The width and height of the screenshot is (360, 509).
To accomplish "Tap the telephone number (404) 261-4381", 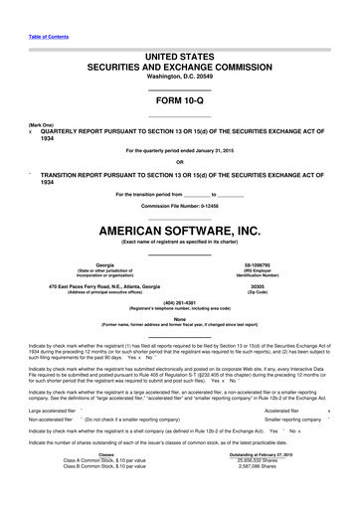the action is tap(179, 303).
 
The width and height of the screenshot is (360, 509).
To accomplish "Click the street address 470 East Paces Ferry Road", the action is tap(96, 287).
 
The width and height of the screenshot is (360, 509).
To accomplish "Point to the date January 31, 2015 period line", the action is tap(179, 150).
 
